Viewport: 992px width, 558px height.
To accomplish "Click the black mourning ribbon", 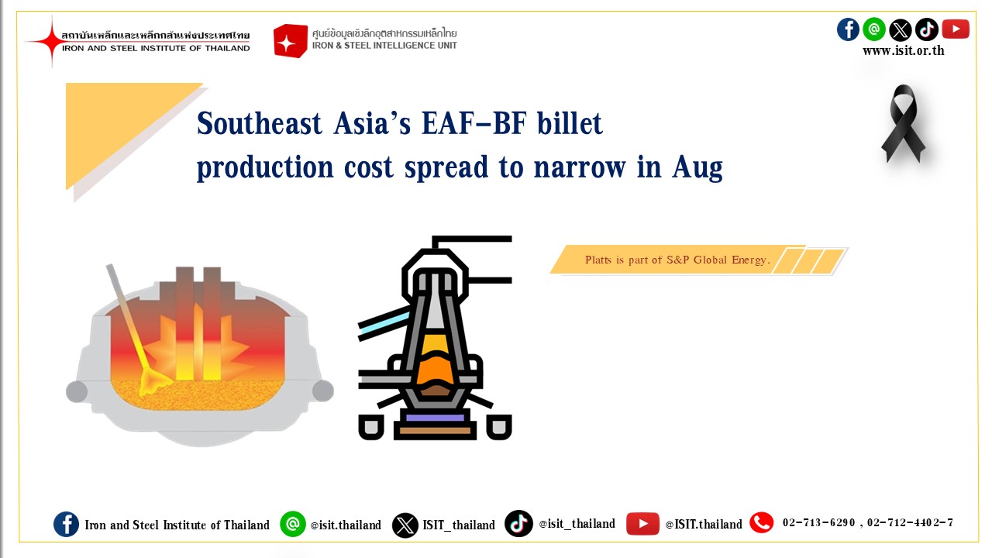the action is coord(903,124).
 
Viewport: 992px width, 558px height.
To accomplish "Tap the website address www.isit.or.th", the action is coord(904,51).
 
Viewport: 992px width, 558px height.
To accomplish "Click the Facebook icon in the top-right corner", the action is coord(848,29).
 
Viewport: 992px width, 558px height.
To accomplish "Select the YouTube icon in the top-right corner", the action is coord(956,29).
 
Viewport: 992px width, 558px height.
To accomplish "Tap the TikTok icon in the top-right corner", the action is coord(927,29).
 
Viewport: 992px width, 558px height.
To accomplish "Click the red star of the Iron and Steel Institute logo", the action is coord(51,41).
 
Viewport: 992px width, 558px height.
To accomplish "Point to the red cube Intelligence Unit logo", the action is coord(290,41).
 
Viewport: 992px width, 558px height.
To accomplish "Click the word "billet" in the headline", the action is coord(570,123).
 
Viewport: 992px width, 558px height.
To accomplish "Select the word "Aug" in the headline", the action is coord(697,168).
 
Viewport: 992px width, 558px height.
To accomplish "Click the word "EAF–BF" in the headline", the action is coord(474,123).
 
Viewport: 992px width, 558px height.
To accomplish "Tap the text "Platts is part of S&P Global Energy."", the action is coord(677,260).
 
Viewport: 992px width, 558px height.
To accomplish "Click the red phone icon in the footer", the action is coord(761,522).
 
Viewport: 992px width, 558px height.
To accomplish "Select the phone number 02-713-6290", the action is coord(818,522).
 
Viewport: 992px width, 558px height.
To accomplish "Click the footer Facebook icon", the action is coord(67,525).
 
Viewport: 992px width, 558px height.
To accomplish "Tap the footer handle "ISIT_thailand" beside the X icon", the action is coord(459,525).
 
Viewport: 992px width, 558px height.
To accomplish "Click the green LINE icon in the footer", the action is coord(293,524).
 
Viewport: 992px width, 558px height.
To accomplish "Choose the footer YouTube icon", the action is coord(642,524).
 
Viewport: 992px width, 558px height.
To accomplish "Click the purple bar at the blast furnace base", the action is coord(435,418).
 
